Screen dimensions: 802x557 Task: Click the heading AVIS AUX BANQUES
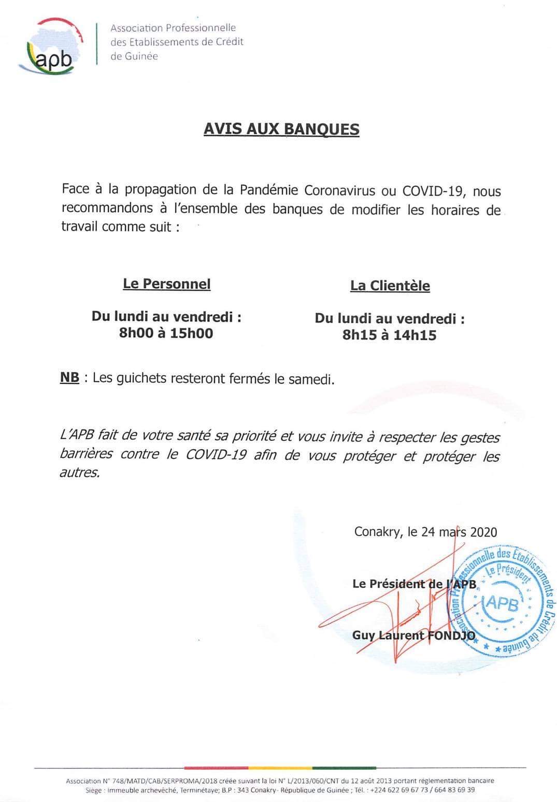point(281,129)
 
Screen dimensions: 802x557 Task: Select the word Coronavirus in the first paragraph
point(339,190)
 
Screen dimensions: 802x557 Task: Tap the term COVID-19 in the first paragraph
point(432,191)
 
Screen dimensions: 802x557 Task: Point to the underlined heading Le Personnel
point(166,284)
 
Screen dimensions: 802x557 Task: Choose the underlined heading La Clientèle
point(390,286)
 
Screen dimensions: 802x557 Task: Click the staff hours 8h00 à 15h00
point(166,333)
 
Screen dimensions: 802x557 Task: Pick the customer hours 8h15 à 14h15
point(389,335)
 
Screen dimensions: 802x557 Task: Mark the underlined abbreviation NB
point(69,378)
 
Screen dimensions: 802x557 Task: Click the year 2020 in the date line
point(483,532)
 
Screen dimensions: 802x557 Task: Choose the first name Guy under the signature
point(363,635)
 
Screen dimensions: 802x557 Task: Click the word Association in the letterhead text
point(136,28)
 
